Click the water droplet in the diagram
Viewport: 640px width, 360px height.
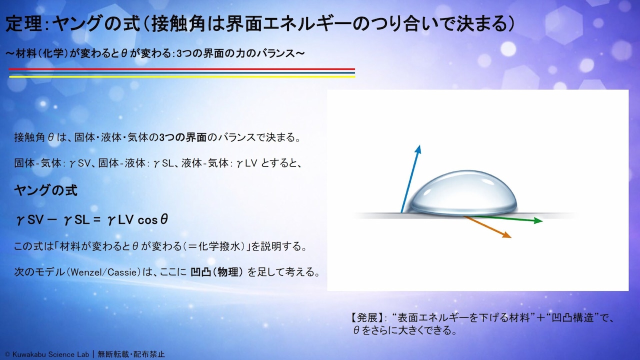tap(463, 193)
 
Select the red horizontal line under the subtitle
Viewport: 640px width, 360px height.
tap(181, 69)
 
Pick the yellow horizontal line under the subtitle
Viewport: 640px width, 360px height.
tap(181, 76)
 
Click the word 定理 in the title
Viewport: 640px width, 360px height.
tap(24, 23)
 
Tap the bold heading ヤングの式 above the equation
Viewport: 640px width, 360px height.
tap(45, 190)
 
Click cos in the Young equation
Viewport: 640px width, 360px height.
tap(147, 220)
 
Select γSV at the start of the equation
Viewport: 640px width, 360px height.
tap(30, 220)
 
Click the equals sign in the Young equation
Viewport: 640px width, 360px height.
tap(97, 220)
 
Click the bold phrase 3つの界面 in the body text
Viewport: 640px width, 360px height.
tap(183, 137)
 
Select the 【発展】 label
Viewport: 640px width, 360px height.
tap(367, 317)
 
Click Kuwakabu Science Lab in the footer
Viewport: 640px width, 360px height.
tap(50, 354)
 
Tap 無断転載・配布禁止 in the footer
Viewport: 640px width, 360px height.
tap(131, 354)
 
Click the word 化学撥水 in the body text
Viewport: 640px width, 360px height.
tap(221, 246)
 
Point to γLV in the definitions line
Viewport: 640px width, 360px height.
tap(247, 163)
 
